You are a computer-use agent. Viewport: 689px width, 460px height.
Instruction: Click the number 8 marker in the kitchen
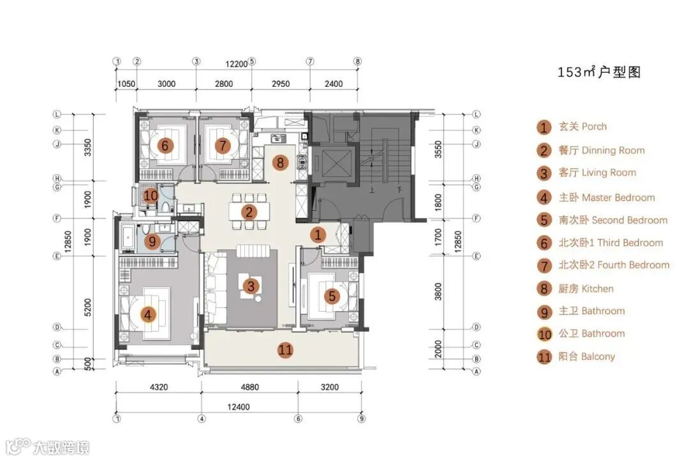click(x=280, y=163)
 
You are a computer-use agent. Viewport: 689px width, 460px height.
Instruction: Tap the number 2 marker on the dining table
click(x=249, y=212)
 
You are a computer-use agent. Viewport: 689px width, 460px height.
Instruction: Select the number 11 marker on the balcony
click(x=286, y=350)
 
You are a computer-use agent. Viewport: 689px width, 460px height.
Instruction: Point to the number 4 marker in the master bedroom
click(x=148, y=314)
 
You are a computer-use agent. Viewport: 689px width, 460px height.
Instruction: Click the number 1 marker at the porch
click(x=318, y=234)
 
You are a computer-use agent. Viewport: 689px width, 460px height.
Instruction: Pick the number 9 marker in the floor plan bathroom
click(x=152, y=241)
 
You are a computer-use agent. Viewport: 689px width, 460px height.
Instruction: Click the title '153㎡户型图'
click(x=599, y=72)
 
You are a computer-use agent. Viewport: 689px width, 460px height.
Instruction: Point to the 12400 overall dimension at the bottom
click(x=238, y=407)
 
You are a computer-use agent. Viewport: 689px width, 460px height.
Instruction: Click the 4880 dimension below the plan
click(x=249, y=387)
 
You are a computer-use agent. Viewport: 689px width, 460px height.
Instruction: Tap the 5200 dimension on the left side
click(x=87, y=307)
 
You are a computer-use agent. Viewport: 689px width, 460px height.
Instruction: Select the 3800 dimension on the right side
click(x=438, y=291)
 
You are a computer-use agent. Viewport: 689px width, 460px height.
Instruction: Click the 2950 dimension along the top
click(x=280, y=84)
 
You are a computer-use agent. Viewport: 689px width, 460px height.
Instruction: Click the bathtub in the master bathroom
click(x=128, y=237)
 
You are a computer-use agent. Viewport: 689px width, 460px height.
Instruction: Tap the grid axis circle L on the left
click(x=57, y=114)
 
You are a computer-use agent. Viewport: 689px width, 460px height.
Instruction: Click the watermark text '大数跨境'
click(x=61, y=448)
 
